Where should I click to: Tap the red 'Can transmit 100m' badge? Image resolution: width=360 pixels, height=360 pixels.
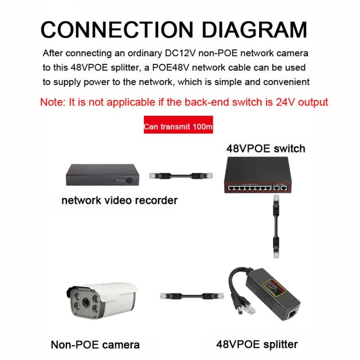click(178, 128)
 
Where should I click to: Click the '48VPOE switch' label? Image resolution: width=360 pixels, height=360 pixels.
click(265, 148)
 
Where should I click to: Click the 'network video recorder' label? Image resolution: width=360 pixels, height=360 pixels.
click(120, 200)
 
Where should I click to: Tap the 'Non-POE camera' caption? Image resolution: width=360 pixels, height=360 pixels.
click(95, 344)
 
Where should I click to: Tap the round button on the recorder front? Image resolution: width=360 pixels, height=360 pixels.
click(129, 181)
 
